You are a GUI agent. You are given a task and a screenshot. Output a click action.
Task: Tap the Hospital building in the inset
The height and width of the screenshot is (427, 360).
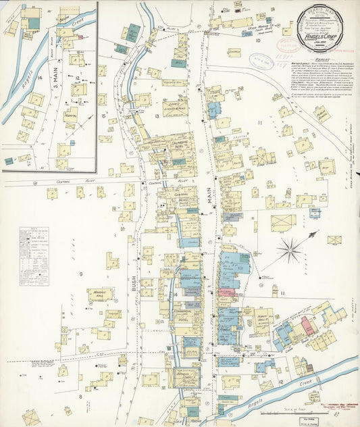70,116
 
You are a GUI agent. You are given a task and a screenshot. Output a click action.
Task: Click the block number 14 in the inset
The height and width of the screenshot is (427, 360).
40,79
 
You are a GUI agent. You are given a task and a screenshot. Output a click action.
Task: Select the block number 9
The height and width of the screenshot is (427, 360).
80,274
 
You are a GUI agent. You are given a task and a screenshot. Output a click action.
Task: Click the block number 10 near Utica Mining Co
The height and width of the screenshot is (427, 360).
258,41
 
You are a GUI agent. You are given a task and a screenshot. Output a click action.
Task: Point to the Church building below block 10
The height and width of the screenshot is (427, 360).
234,52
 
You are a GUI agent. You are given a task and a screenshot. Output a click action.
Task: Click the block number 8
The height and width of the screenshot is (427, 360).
80,397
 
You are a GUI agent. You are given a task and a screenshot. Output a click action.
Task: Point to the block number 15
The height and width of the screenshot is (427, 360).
103,116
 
